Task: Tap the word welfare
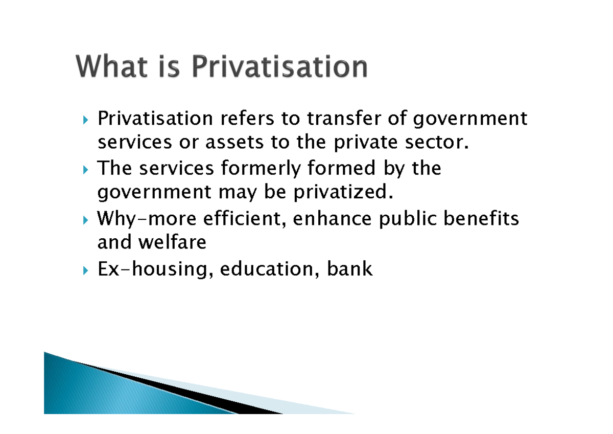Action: tap(172, 242)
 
